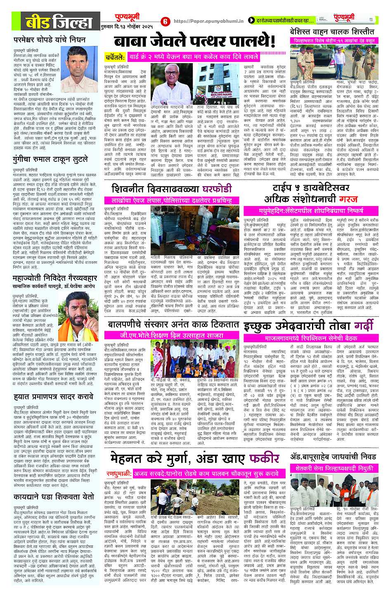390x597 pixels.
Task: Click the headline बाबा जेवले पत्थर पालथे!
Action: (194, 41)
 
